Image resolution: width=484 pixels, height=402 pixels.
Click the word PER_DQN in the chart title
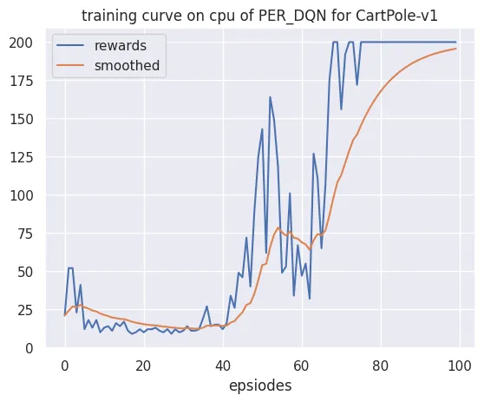292,16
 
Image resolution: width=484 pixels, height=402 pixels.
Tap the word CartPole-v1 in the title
396,16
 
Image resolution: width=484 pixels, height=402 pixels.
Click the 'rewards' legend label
121,46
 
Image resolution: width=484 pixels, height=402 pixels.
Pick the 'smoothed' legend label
127,65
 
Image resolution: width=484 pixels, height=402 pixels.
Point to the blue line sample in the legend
70,46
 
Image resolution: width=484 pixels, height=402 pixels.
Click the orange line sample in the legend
70,65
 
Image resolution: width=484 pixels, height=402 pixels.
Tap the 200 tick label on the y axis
21,43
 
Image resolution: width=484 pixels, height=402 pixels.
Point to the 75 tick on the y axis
25,234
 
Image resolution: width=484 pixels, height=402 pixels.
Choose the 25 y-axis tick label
25,310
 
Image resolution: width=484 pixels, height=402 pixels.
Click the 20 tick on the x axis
143,366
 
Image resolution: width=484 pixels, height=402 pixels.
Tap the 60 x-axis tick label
301,366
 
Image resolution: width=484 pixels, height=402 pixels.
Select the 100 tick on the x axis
460,366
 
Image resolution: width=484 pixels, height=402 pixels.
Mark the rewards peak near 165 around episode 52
270,97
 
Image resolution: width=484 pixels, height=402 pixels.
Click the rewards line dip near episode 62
310,299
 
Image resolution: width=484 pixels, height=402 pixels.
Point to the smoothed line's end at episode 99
456,49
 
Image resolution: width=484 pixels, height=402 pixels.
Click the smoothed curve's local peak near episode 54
278,227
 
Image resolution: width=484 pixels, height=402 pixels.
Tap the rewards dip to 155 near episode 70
341,109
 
